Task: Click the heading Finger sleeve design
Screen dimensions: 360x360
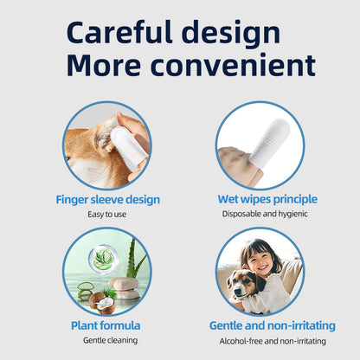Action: [x=107, y=200]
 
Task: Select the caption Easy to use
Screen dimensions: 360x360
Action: [x=107, y=214]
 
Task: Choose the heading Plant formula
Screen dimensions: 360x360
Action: [x=106, y=325]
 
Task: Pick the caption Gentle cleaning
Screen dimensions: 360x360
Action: [x=107, y=339]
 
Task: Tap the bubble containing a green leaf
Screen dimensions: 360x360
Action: [x=105, y=258]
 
